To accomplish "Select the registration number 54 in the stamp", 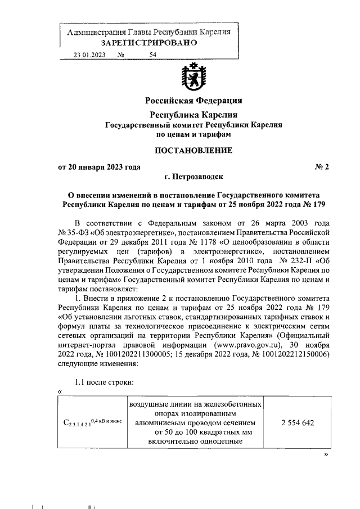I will tap(153, 55).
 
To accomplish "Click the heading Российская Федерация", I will tap(193, 101).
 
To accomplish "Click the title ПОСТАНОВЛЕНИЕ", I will tap(193, 150).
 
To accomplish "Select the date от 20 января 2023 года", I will tap(99, 166).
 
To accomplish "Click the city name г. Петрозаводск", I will tap(193, 176).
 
